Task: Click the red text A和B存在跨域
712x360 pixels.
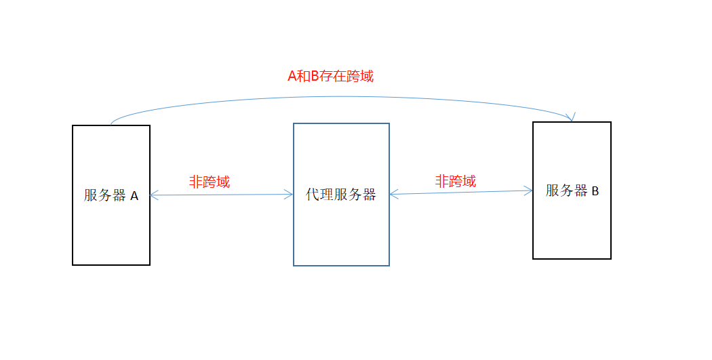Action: click(331, 76)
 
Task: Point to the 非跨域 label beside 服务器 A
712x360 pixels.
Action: click(210, 182)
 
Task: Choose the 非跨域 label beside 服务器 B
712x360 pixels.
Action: click(456, 181)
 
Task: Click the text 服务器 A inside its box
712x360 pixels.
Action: click(111, 196)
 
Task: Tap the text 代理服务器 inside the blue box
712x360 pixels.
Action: click(341, 195)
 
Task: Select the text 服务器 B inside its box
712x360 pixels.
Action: click(572, 191)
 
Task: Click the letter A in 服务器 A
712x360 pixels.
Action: click(134, 196)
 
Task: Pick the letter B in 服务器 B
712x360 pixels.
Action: click(595, 191)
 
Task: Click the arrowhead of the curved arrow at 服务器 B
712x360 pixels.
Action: click(572, 118)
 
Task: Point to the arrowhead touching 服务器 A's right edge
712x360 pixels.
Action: click(153, 196)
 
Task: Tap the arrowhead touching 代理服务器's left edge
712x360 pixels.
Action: click(290, 195)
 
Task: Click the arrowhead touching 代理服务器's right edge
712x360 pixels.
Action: click(393, 195)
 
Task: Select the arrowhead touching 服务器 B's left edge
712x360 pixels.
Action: click(529, 191)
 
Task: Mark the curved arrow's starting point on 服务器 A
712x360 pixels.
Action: click(111, 125)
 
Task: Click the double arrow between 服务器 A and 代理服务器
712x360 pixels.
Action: click(221, 195)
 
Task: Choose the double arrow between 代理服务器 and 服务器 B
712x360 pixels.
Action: click(461, 193)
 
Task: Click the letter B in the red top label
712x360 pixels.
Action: click(315, 76)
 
